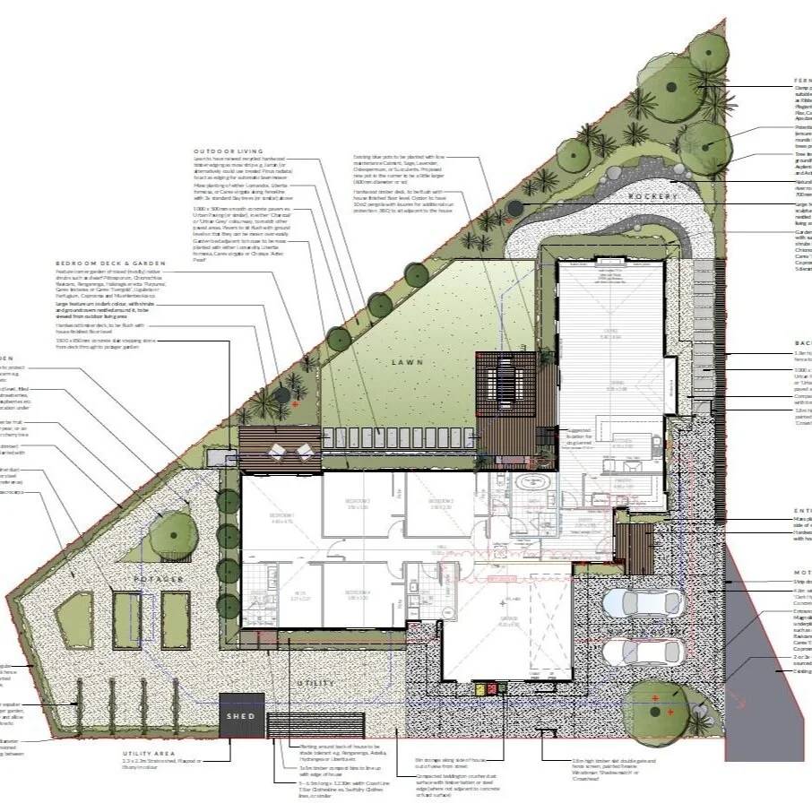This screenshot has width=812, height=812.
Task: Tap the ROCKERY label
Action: coord(650,196)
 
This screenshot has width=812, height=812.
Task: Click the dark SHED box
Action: coord(240,717)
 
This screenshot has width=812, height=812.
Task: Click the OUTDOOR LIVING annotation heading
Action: coord(227,152)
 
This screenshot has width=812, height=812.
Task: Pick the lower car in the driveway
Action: coord(632,652)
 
